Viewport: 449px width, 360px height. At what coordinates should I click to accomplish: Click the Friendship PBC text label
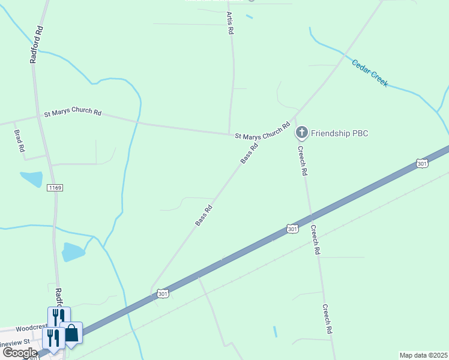coord(339,133)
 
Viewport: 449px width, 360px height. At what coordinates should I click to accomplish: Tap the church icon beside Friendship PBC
coord(302,133)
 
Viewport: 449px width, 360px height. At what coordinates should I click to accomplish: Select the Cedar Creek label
coord(370,73)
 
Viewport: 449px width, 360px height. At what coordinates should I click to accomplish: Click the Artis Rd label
coord(229,23)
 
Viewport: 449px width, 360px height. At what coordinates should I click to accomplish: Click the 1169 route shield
coord(55,188)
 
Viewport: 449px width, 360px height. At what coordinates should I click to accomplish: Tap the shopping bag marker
coord(71,333)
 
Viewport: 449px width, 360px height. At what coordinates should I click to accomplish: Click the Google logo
coord(19,353)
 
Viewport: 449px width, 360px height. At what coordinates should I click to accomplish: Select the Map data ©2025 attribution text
coord(424,355)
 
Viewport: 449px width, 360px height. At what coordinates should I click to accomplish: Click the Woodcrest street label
coord(31,328)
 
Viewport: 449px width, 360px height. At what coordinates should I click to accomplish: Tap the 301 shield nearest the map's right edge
coord(421,163)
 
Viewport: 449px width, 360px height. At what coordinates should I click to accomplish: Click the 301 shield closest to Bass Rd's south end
coord(163,293)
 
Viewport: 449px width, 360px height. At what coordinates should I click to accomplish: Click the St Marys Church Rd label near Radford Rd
coord(73,113)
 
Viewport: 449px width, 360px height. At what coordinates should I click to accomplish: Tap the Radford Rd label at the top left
coord(36,44)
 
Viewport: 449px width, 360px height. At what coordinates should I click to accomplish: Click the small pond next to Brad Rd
coord(31,179)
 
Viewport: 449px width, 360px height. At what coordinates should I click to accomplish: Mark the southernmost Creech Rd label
coord(327,318)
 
